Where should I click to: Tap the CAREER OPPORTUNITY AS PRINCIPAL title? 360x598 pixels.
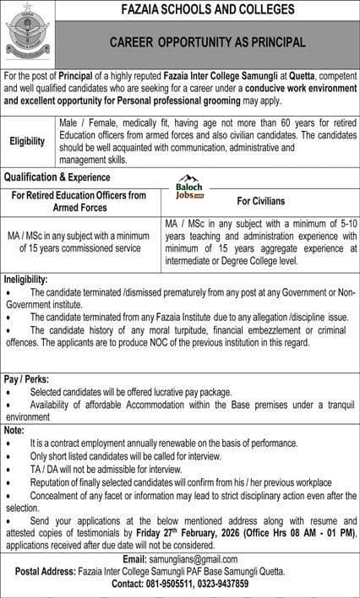point(206,41)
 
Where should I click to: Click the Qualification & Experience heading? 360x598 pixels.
point(57,177)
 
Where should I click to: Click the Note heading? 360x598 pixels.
point(14,430)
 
